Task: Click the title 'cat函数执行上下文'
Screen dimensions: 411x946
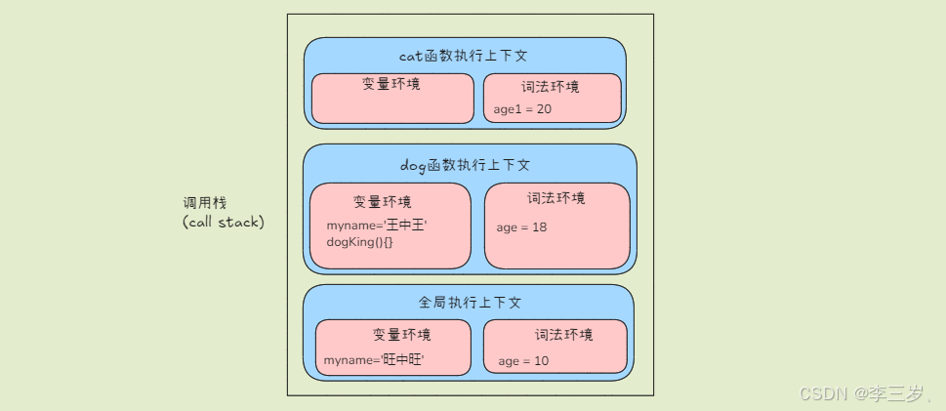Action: [464, 57]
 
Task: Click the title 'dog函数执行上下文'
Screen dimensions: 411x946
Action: [466, 165]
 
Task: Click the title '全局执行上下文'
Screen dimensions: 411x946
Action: [470, 303]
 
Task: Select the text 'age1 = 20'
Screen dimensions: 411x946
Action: [522, 109]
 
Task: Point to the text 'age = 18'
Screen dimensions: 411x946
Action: [521, 227]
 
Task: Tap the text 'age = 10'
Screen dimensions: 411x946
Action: [523, 361]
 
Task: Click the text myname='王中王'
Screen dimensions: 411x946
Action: [377, 226]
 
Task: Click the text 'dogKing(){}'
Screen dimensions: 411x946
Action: [359, 241]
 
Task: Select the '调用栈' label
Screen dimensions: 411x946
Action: [204, 203]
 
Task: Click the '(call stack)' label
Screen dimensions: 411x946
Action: [223, 222]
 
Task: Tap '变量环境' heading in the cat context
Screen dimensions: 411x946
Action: [391, 85]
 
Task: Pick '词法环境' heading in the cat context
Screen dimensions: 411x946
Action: [551, 87]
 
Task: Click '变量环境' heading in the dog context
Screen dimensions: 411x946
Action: [382, 202]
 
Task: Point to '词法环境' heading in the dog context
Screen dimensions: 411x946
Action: [556, 198]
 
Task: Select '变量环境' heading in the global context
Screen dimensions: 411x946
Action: [401, 335]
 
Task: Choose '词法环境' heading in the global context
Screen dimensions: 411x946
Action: [563, 335]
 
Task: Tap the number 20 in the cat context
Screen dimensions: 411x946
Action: [544, 109]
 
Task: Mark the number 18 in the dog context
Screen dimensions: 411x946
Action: [539, 227]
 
